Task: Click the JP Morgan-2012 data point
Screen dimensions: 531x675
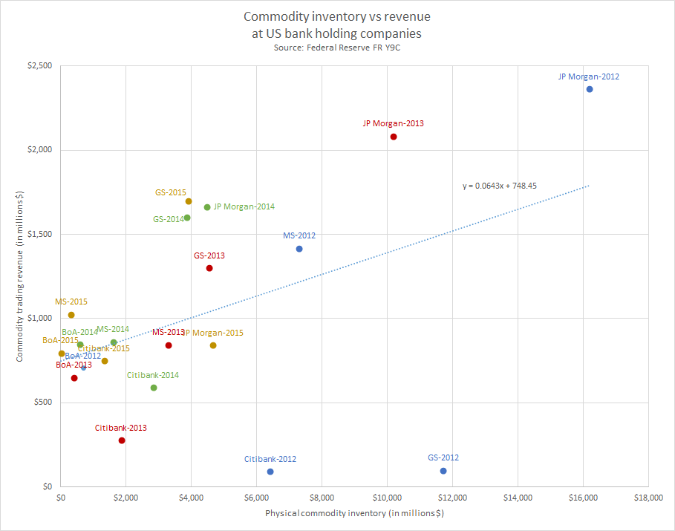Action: pos(590,89)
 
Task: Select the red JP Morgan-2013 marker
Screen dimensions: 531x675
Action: pos(394,137)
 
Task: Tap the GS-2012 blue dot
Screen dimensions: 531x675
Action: pos(443,471)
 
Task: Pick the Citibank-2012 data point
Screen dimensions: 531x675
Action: pos(270,472)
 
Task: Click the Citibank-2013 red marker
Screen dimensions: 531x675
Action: pos(122,440)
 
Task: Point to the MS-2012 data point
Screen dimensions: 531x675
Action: pos(299,249)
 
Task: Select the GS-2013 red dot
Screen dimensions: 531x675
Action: pos(209,268)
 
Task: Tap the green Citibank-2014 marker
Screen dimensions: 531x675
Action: pos(154,388)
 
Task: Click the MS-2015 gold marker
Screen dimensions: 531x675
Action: pos(71,315)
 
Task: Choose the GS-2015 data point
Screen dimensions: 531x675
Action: pos(189,201)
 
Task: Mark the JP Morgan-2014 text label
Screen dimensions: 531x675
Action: pos(244,207)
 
